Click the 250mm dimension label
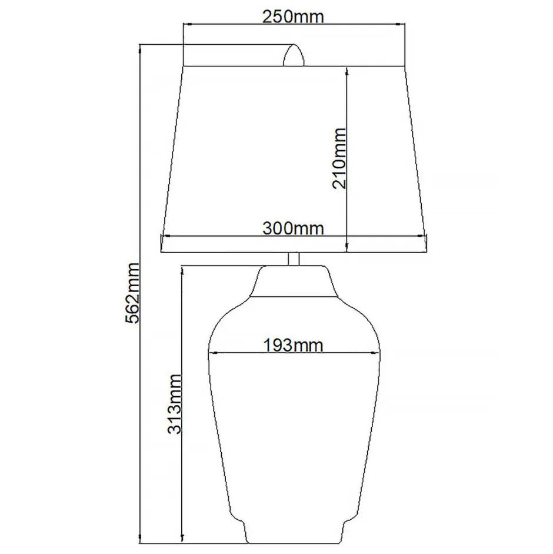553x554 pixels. [x=294, y=16]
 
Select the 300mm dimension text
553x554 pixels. [x=293, y=228]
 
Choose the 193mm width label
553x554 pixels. [x=294, y=345]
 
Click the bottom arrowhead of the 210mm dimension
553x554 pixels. [x=347, y=248]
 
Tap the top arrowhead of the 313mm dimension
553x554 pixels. [x=183, y=269]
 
